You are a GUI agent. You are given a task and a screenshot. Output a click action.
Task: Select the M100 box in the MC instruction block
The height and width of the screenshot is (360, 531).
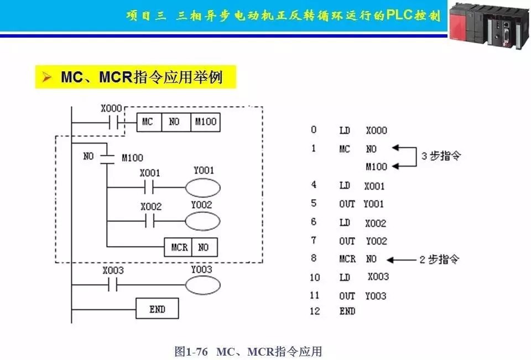tap(205, 122)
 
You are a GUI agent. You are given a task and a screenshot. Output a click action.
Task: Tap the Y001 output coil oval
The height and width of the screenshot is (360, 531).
tap(203, 188)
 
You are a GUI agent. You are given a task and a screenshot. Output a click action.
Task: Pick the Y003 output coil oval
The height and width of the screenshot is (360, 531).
tap(202, 285)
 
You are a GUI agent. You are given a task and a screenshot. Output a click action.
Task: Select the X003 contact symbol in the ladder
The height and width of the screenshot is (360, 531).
tap(113, 285)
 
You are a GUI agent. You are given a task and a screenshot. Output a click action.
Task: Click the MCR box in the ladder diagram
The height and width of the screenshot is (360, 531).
tap(178, 247)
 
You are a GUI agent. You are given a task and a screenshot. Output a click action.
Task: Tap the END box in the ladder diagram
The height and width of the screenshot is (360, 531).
tap(158, 309)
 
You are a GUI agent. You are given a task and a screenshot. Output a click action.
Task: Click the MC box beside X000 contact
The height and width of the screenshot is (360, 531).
tap(148, 122)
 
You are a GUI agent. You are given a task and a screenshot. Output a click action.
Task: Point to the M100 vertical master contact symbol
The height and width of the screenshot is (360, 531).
tap(106, 158)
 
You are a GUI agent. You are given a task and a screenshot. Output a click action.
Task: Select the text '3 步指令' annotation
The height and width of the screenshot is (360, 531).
tap(441, 156)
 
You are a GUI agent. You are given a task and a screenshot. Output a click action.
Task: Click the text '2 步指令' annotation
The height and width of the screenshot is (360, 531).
tap(439, 259)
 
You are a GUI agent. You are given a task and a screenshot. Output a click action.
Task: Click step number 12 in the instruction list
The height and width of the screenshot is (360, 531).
tap(315, 311)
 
